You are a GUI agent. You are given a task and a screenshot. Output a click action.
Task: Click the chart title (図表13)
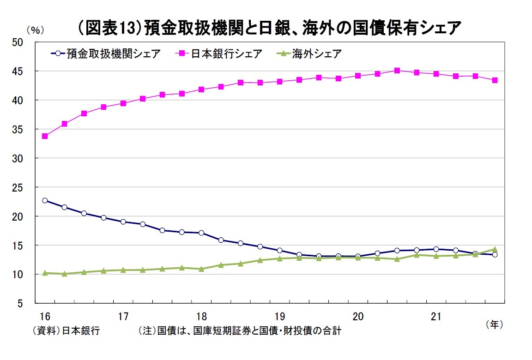[270, 29]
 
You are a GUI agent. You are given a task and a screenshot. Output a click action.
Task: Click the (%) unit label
[35, 30]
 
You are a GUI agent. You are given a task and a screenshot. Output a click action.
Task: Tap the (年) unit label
[494, 325]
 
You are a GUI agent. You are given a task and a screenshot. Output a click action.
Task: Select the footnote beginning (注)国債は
[240, 331]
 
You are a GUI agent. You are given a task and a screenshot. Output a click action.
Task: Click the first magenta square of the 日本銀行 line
[45, 136]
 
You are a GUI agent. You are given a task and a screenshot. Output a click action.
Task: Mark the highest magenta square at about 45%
[397, 71]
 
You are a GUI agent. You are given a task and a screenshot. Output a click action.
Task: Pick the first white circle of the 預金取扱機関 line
[45, 200]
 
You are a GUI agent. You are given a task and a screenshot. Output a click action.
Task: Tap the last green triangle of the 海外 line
[495, 249]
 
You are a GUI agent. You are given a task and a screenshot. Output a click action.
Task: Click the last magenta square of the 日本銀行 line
[495, 80]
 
